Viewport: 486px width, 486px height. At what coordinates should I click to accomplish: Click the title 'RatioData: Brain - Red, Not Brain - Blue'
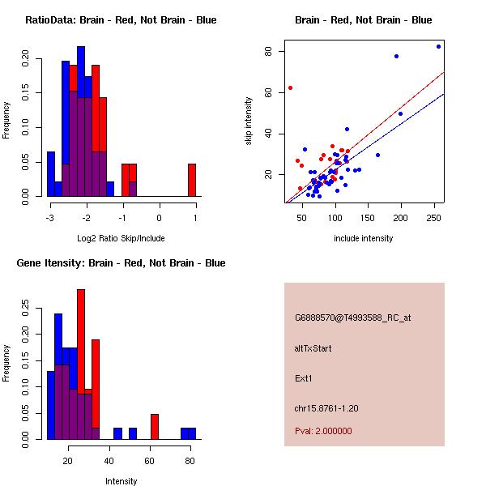pos(121,19)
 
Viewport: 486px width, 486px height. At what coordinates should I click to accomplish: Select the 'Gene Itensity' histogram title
pos(121,262)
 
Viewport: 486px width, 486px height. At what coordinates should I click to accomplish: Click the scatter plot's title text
pos(363,19)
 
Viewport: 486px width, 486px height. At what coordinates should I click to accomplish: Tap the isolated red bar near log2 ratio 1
pos(192,180)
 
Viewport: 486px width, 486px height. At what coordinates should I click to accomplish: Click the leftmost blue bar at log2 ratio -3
pos(50,173)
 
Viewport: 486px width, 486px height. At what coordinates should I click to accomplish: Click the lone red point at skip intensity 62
pos(290,87)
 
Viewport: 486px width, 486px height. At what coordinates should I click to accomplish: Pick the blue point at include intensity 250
pos(439,46)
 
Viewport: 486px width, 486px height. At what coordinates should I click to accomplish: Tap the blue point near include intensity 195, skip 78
pos(396,56)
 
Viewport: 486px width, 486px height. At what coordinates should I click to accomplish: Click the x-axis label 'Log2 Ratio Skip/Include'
pos(121,238)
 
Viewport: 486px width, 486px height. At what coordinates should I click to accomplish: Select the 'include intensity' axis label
pos(363,238)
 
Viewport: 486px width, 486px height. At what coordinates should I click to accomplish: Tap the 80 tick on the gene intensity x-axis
pos(190,461)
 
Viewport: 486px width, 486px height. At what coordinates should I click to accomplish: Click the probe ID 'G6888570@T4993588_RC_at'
pos(352,318)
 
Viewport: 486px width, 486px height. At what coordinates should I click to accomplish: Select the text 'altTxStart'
pos(313,348)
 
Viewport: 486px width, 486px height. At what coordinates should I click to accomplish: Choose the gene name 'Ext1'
pos(304,377)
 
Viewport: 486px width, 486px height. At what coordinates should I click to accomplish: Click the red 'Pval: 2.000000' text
pos(323,431)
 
